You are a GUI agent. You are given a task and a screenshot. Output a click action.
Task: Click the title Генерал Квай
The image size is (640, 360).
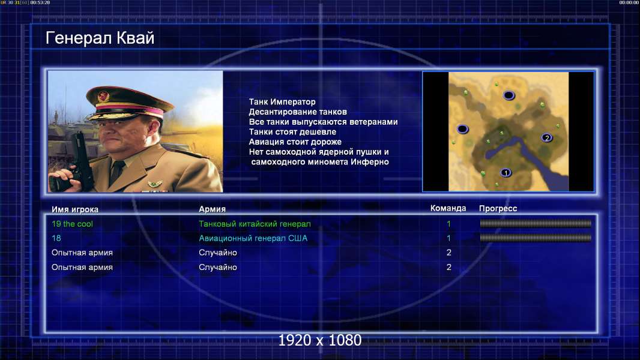pyautogui.click(x=100, y=38)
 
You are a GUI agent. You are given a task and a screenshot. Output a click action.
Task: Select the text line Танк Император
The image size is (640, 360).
pyautogui.click(x=282, y=102)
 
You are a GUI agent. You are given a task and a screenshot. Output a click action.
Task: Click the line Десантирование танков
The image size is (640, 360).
pyautogui.click(x=298, y=112)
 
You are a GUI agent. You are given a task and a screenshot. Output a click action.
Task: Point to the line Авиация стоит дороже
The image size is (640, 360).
pyautogui.click(x=295, y=142)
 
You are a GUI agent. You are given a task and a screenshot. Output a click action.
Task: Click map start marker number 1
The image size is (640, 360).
pyautogui.click(x=506, y=173)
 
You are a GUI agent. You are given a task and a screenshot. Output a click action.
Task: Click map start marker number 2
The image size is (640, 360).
pyautogui.click(x=547, y=138)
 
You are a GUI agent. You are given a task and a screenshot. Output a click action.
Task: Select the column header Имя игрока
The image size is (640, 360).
pyautogui.click(x=74, y=209)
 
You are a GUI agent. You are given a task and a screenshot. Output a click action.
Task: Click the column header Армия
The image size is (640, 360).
pyautogui.click(x=213, y=209)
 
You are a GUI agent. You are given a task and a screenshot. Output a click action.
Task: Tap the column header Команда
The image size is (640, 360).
pyautogui.click(x=448, y=208)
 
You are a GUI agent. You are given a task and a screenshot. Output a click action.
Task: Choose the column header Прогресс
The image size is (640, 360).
pyautogui.click(x=498, y=208)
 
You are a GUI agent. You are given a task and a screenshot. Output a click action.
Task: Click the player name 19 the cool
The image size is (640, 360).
pyautogui.click(x=72, y=224)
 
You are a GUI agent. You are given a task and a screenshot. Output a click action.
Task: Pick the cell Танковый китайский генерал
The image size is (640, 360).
pyautogui.click(x=255, y=224)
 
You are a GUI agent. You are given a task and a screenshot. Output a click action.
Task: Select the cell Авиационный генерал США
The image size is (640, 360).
pyautogui.click(x=253, y=238)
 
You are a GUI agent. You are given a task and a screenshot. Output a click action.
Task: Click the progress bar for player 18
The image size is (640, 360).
pyautogui.click(x=536, y=238)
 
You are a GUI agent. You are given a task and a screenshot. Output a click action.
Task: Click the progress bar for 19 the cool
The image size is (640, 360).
pyautogui.click(x=536, y=223)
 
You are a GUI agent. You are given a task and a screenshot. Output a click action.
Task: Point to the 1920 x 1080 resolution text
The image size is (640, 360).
pyautogui.click(x=320, y=340)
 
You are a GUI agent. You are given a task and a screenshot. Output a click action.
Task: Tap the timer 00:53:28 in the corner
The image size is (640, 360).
pyautogui.click(x=40, y=2)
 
